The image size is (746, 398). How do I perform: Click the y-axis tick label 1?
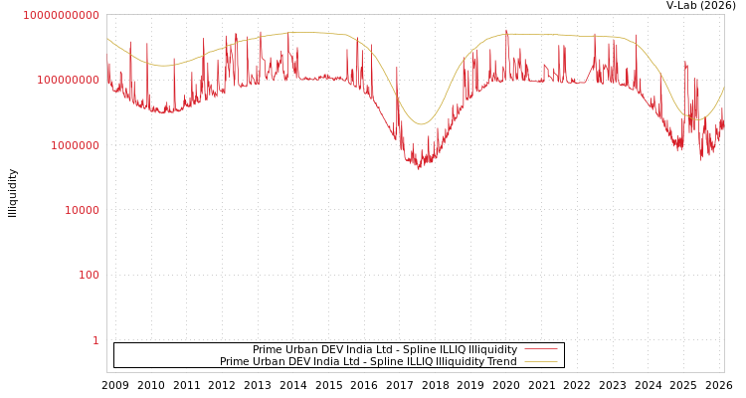click(x=95, y=340)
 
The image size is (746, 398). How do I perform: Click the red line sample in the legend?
click(x=540, y=349)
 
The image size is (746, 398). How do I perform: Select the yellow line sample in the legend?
click(x=540, y=361)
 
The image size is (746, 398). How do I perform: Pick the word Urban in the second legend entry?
click(x=268, y=361)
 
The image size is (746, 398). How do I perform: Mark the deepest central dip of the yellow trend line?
click(x=421, y=124)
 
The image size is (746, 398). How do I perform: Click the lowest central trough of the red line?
click(x=419, y=168)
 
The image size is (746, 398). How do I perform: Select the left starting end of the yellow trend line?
click(x=107, y=38)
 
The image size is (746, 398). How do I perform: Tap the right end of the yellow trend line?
click(x=723, y=88)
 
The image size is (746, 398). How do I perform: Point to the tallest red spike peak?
click(x=506, y=30)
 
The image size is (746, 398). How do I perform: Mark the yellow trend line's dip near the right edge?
click(x=697, y=120)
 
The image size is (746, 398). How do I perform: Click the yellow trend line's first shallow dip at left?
click(x=162, y=66)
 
